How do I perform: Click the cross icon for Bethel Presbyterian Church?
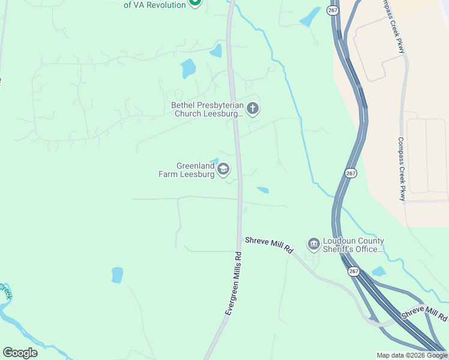coord(253,109)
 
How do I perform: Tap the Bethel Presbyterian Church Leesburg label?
coord(208,109)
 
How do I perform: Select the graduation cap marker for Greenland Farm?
coord(223,170)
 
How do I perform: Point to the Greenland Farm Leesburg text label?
coord(186,170)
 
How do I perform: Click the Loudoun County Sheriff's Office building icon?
coord(313,244)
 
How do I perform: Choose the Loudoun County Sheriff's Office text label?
coord(353,245)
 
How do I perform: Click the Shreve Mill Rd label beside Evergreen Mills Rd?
coord(269,245)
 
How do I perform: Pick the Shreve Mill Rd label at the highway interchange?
coord(424,313)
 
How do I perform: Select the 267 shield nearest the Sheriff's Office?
coord(353,272)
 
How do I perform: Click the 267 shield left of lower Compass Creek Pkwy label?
coord(351,173)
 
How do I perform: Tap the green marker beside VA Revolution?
coord(194,3)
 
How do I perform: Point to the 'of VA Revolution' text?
coord(154,4)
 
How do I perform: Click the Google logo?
coord(20,352)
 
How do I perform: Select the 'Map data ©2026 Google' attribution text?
coord(412,355)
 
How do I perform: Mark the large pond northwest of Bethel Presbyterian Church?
coord(188,68)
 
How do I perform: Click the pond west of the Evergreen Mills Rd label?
coord(117,275)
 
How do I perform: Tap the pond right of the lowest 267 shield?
coord(378,272)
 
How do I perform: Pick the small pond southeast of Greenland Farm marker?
coord(263,190)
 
